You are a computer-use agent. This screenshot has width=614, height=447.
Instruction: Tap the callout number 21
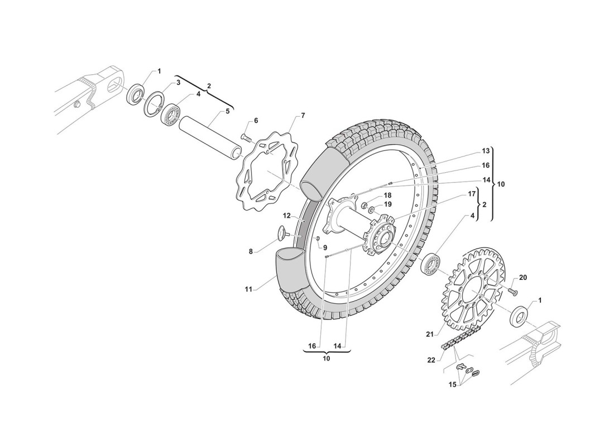429,334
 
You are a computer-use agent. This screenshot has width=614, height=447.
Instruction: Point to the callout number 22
431,360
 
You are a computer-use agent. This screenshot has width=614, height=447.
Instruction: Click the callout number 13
486,151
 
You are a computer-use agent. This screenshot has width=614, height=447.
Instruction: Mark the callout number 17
472,194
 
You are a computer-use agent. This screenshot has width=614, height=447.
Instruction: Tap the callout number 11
248,289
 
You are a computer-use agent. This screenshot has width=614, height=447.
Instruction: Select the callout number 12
286,215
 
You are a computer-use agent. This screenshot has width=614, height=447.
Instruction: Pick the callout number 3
178,83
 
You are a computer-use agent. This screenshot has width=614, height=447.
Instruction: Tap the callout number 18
387,195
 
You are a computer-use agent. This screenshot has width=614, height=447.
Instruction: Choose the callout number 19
387,205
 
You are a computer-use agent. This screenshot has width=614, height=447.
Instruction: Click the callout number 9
324,247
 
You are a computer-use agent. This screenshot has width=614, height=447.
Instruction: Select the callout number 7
303,116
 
